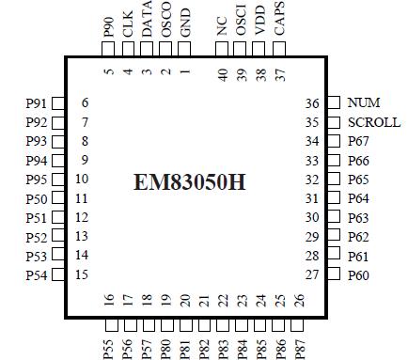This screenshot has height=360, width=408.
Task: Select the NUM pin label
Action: (364, 102)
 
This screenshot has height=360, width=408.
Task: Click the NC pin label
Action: (222, 26)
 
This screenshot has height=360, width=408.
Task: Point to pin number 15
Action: (82, 274)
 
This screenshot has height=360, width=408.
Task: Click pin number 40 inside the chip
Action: (223, 72)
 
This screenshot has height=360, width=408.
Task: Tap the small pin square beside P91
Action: (58, 103)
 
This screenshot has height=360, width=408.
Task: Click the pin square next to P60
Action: (333, 274)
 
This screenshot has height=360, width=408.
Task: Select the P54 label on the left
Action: (36, 274)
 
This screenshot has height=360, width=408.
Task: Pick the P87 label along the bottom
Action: (300, 340)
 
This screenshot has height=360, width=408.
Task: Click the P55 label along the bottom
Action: (108, 340)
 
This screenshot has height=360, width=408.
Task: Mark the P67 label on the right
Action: (358, 141)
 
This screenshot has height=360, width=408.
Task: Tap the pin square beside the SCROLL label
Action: (333, 122)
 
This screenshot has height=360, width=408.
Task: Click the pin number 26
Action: (300, 300)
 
